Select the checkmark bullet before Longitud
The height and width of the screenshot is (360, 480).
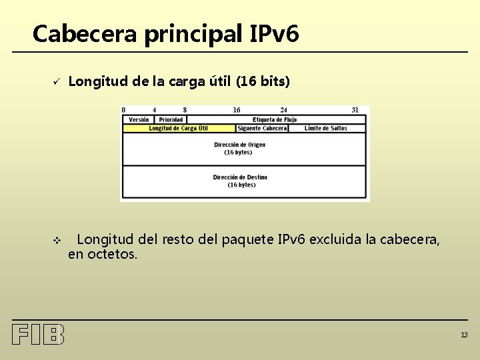[57, 82]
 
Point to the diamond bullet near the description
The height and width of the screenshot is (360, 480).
[57, 239]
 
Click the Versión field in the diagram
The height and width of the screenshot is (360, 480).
[139, 120]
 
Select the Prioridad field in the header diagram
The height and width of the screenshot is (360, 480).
[171, 120]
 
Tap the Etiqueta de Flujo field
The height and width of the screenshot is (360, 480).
[275, 120]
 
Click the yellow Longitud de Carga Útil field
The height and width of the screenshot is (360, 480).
[178, 128]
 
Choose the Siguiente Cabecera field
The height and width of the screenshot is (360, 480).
[261, 128]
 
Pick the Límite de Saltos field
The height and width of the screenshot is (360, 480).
[326, 128]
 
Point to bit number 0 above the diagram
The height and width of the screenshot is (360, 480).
[123, 110]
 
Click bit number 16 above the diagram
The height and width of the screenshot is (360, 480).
[237, 110]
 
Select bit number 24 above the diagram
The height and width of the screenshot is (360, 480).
[284, 110]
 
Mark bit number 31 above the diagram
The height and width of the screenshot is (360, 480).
[355, 110]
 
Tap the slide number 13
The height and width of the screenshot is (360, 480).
[463, 335]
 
